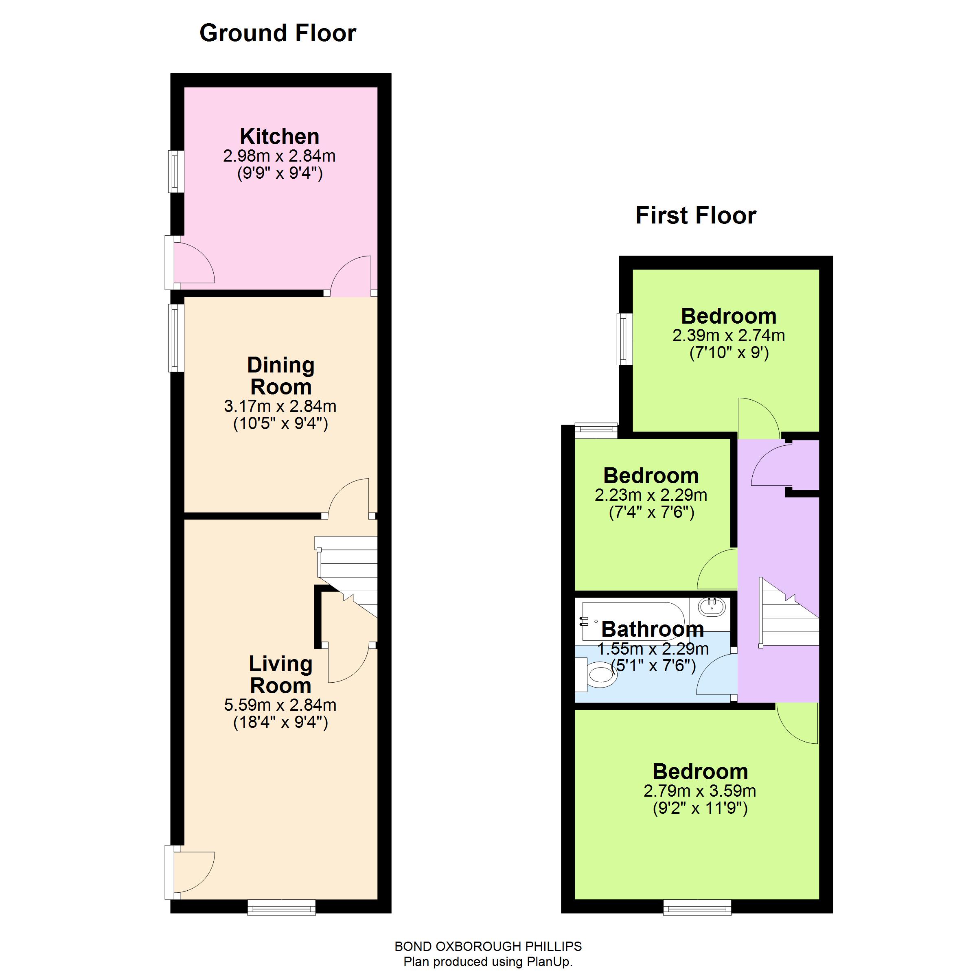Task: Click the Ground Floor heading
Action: click(278, 33)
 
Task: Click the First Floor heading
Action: click(695, 215)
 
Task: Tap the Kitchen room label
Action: click(279, 136)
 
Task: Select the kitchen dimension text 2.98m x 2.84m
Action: click(279, 156)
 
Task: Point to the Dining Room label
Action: click(280, 376)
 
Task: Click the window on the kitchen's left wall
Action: click(175, 171)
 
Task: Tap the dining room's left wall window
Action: click(175, 337)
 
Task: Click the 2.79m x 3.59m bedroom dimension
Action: click(699, 791)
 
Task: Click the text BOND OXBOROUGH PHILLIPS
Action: click(488, 946)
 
